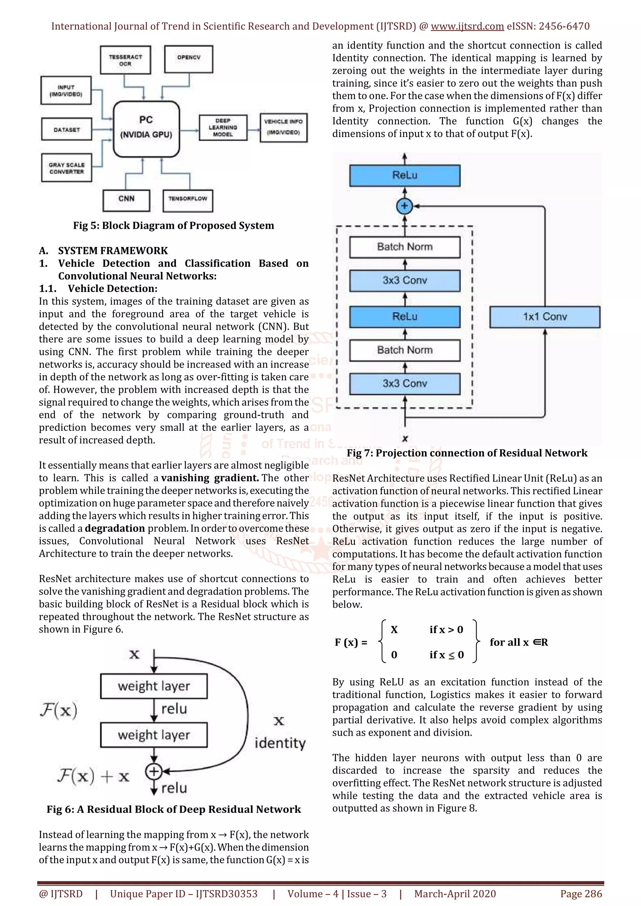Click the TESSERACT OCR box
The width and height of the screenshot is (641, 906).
[x=125, y=60]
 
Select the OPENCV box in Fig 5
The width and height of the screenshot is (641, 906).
[x=188, y=59]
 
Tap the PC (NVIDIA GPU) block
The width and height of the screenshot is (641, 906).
[x=146, y=128]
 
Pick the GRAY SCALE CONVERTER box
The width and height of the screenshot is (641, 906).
[x=66, y=168]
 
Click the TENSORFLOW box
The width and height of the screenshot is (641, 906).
[x=187, y=200]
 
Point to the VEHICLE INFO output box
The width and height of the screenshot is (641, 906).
[x=283, y=128]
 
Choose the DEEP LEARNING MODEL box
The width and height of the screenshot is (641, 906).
[x=223, y=128]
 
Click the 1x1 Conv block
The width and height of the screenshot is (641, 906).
[x=545, y=317]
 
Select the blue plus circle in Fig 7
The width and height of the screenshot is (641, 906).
[x=404, y=206]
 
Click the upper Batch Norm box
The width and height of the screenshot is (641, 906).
[x=404, y=247]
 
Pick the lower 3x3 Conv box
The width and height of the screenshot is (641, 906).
[x=404, y=384]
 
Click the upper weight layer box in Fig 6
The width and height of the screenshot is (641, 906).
[x=154, y=686]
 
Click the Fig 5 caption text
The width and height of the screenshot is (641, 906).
[x=173, y=226]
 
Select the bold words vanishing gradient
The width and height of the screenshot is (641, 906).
[x=210, y=478]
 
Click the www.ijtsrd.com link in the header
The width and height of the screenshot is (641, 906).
[x=467, y=27]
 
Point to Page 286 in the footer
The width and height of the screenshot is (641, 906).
[x=581, y=894]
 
